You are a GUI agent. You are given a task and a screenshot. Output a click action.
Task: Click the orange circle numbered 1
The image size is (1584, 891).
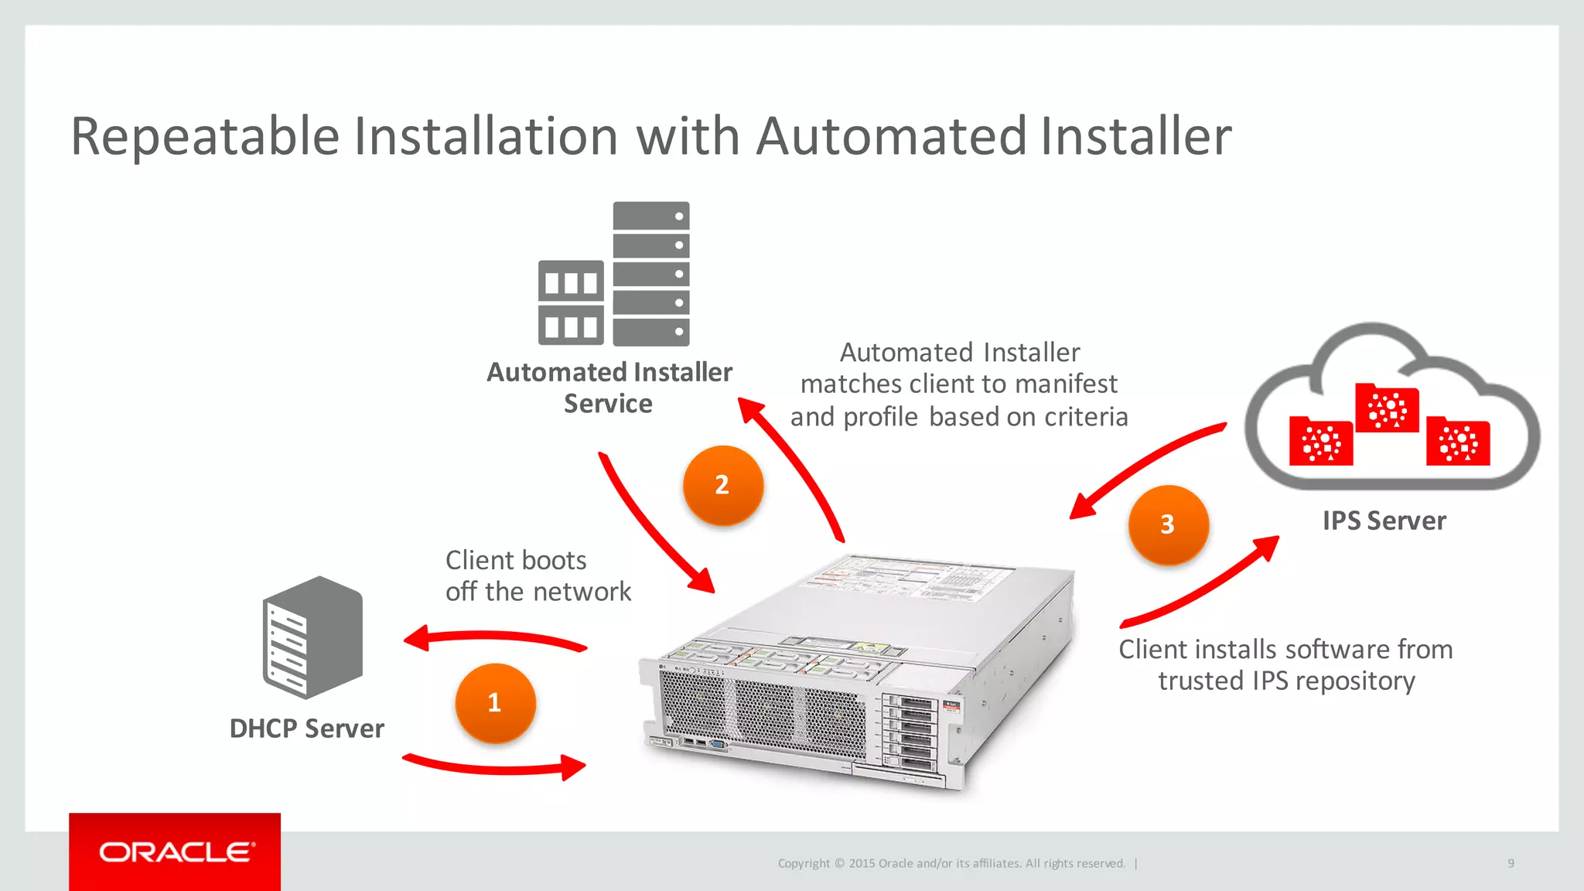pos(495,702)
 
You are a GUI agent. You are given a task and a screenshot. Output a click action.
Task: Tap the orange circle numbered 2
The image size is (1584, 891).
pos(722,485)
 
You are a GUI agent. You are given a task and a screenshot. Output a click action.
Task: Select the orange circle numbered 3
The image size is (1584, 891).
pos(1168,524)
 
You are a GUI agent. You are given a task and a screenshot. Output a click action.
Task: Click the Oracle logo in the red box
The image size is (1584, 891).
pos(176,852)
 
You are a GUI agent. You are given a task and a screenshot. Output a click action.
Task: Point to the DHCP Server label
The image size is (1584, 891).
pos(306,729)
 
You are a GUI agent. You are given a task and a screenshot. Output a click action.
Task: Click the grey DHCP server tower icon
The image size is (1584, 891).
pos(312,637)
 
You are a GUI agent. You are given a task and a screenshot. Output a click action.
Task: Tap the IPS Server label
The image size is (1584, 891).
pos(1384,521)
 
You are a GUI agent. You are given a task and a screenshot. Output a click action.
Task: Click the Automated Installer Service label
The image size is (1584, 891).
pos(609,387)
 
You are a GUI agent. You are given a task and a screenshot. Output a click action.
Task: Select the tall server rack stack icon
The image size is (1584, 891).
pos(650,273)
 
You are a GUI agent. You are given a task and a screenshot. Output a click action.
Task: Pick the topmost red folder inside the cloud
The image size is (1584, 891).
pos(1387,408)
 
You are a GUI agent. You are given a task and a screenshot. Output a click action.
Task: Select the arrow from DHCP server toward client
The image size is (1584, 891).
pos(495,766)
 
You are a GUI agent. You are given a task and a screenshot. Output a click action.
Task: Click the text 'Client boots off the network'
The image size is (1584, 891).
pos(538,575)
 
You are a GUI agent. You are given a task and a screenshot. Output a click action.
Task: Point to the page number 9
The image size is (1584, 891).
pos(1511,863)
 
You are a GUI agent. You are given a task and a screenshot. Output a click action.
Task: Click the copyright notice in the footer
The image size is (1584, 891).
pos(951,863)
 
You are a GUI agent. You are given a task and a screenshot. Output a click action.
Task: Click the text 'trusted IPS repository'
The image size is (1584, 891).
pos(1286,681)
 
